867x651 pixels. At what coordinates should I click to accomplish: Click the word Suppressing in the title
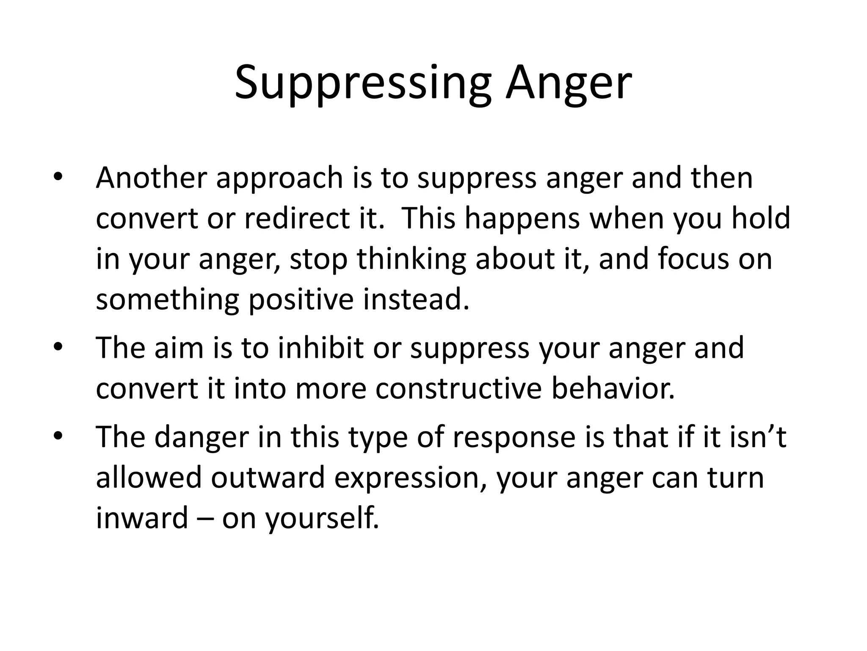pyautogui.click(x=363, y=83)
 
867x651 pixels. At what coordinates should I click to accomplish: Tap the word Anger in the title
pyautogui.click(x=569, y=83)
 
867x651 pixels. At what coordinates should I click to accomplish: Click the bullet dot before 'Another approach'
pyautogui.click(x=58, y=176)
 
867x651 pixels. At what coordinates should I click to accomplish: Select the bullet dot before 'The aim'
pyautogui.click(x=58, y=347)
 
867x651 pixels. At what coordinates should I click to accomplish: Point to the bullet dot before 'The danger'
pyautogui.click(x=58, y=436)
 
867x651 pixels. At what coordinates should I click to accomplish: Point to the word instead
pyautogui.click(x=417, y=299)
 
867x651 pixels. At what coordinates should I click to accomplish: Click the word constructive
pyautogui.click(x=459, y=389)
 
